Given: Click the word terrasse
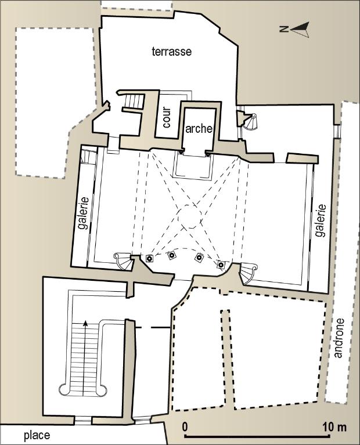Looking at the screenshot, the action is pos(172,52).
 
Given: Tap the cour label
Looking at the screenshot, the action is pos(167,118).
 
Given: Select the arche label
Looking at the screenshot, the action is pos(199,129).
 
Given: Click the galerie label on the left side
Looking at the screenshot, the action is pos(84,213).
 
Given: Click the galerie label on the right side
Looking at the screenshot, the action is pos(321,220).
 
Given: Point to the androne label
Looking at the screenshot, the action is pos(339,338).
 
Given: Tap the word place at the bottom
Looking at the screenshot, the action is pos(37,435).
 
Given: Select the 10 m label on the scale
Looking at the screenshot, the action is pos(334,427).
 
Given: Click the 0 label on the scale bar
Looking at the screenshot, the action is pos(185,427).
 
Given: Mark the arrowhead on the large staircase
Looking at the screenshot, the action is pos(85,323).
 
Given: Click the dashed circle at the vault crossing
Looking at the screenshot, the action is pos(190,216).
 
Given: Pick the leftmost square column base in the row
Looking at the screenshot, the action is pos(149,258).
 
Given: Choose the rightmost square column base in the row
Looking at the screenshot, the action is pos(221,265).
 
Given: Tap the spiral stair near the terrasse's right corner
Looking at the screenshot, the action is pos(250,122).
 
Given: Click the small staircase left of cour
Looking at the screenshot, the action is pos(134,102).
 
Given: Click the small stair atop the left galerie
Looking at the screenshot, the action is pos(89,157).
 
